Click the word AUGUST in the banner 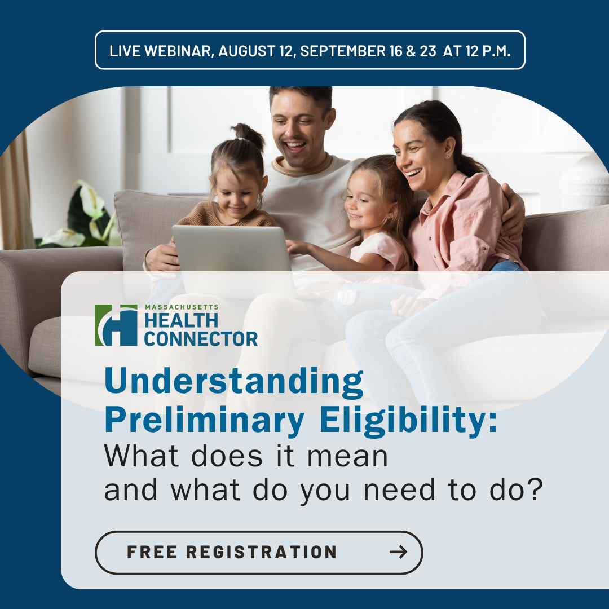(246, 51)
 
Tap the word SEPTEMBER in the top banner (343, 51)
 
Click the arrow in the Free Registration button (398, 551)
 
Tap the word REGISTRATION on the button (261, 552)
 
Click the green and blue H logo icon (116, 325)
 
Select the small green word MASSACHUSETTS (182, 307)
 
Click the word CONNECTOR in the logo (201, 339)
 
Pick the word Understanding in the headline (234, 382)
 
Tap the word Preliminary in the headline (204, 421)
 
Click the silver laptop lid (232, 249)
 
